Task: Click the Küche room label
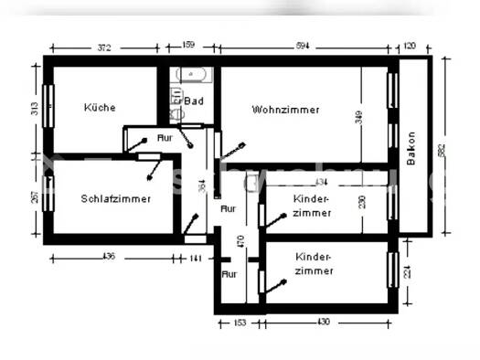[x=100, y=108]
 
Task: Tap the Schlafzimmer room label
[x=114, y=198]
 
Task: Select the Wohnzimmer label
[x=285, y=110]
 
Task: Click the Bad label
[x=193, y=101]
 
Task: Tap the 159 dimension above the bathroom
[x=188, y=44]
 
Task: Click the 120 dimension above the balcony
[x=410, y=44]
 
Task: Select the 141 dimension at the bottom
[x=196, y=259]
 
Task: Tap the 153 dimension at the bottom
[x=239, y=323]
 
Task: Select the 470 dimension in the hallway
[x=240, y=242]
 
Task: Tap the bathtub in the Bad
[x=194, y=76]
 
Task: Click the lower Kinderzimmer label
[x=314, y=264]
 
